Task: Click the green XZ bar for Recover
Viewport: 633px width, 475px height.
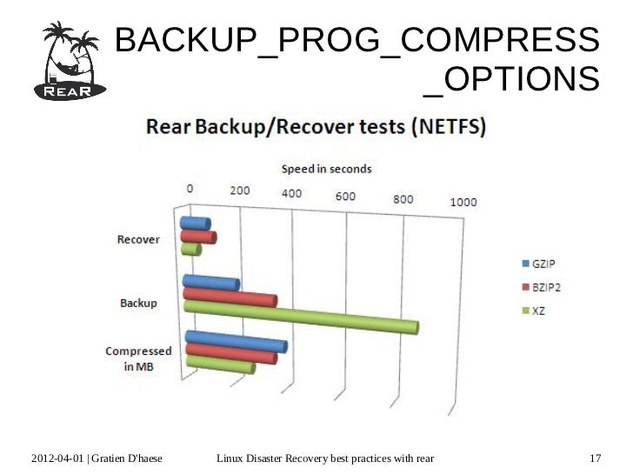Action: click(190, 250)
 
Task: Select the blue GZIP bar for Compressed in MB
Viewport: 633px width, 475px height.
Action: click(235, 341)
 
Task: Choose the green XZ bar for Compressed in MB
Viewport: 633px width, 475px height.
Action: click(219, 365)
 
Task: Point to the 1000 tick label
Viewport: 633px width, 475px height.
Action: click(463, 202)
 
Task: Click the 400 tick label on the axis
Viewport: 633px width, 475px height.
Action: click(290, 193)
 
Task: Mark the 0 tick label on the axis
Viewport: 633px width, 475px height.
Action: click(190, 189)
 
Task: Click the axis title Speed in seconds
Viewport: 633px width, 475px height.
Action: click(325, 168)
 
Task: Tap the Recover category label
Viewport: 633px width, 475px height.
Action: click(139, 240)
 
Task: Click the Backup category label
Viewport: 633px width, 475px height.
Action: click(138, 303)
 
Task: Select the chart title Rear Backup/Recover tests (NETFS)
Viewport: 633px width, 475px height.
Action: click(315, 127)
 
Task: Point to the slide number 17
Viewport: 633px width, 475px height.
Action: click(596, 458)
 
